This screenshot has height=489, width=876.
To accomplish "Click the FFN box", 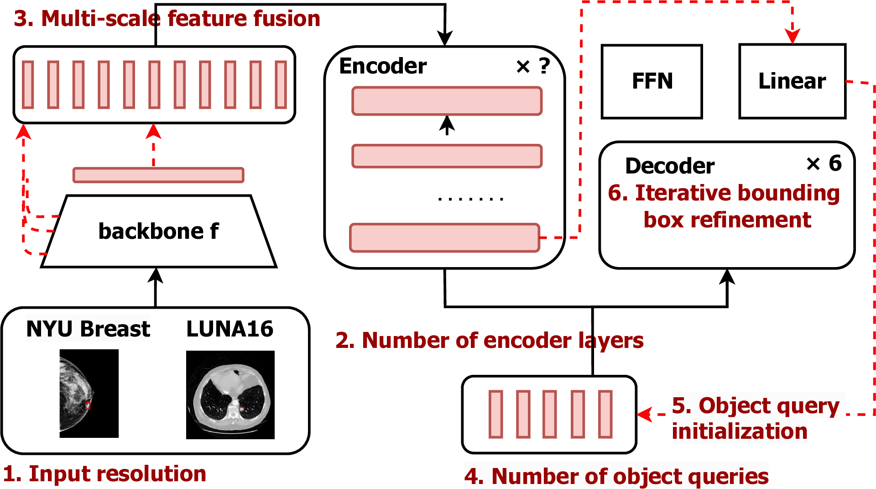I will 652,81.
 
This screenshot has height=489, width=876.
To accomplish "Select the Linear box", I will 792,81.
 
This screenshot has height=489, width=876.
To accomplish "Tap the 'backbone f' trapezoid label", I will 158,231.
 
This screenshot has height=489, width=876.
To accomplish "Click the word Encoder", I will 383,66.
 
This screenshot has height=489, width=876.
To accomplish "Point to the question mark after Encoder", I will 544,66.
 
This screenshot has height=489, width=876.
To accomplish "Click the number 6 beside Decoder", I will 835,163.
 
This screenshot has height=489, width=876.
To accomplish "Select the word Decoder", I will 669,166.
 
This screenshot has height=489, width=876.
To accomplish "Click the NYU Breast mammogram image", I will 89,393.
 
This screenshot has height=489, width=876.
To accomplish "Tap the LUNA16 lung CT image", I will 230,394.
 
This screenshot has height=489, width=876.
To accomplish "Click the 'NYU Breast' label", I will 88,329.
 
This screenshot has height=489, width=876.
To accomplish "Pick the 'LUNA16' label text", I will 229,329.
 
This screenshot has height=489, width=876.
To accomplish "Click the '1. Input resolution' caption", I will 104,473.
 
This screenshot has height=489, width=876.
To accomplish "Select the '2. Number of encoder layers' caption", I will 489,340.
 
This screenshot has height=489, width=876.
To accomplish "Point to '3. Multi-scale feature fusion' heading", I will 167,19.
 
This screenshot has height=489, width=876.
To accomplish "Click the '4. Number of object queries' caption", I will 616,476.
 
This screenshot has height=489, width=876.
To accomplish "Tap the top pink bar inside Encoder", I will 447,101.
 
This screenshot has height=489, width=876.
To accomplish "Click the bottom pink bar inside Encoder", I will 444,237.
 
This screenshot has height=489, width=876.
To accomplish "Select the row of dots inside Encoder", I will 470,199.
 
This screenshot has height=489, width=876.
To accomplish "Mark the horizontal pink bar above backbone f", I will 158,175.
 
